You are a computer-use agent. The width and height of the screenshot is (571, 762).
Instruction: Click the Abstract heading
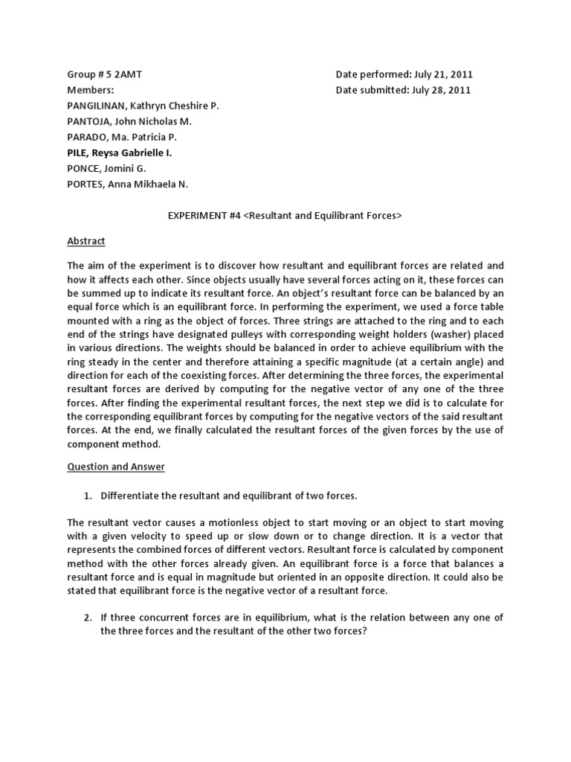[87, 241]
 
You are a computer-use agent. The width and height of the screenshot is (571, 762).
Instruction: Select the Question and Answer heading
[116, 467]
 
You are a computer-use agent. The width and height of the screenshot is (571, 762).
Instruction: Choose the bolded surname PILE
[77, 153]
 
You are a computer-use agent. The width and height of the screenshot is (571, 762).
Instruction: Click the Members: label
[91, 90]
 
